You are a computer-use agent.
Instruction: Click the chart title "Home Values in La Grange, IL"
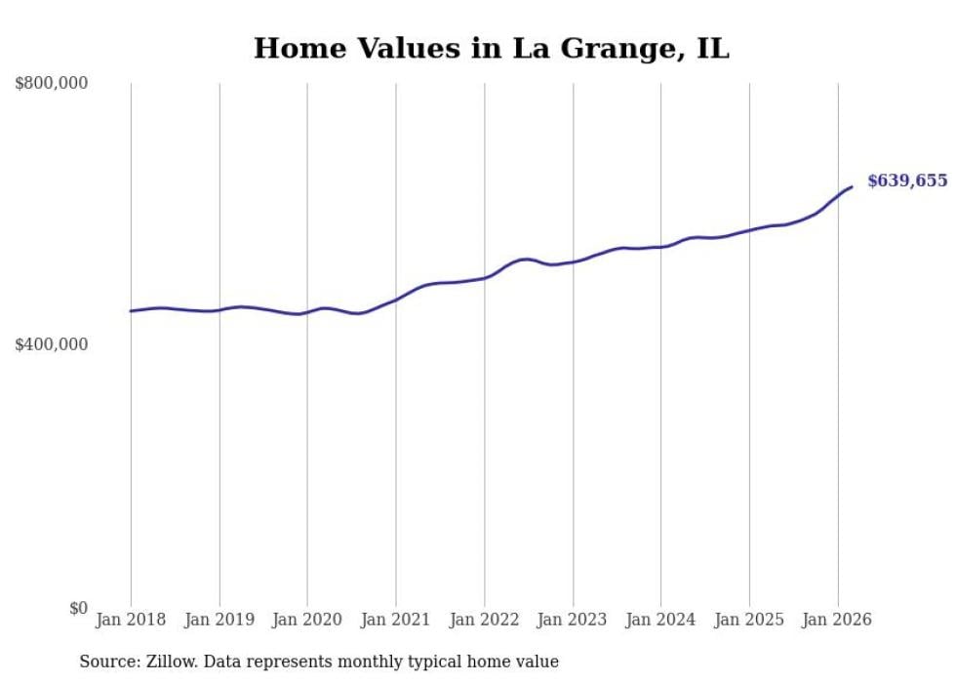pos(491,49)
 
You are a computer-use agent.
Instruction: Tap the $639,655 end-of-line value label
pos(907,181)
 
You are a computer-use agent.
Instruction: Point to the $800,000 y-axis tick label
pos(52,84)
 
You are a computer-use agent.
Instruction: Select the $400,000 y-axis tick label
pos(52,344)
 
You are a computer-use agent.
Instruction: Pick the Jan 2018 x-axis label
pos(131,620)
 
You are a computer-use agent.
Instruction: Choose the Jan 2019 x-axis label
pos(219,620)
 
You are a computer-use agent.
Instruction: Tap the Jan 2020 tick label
pos(307,620)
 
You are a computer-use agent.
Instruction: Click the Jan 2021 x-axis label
pos(396,620)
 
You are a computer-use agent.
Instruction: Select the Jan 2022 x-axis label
pos(484,620)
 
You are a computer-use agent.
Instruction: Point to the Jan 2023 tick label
pos(573,620)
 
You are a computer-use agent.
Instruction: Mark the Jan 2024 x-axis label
pos(660,620)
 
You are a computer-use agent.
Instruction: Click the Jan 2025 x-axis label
pos(749,620)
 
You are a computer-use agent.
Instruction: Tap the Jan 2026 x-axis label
pos(837,620)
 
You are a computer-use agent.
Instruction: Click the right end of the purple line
pos(852,186)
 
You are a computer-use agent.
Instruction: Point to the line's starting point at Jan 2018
pos(131,311)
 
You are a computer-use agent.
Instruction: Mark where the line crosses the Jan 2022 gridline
pos(484,278)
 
